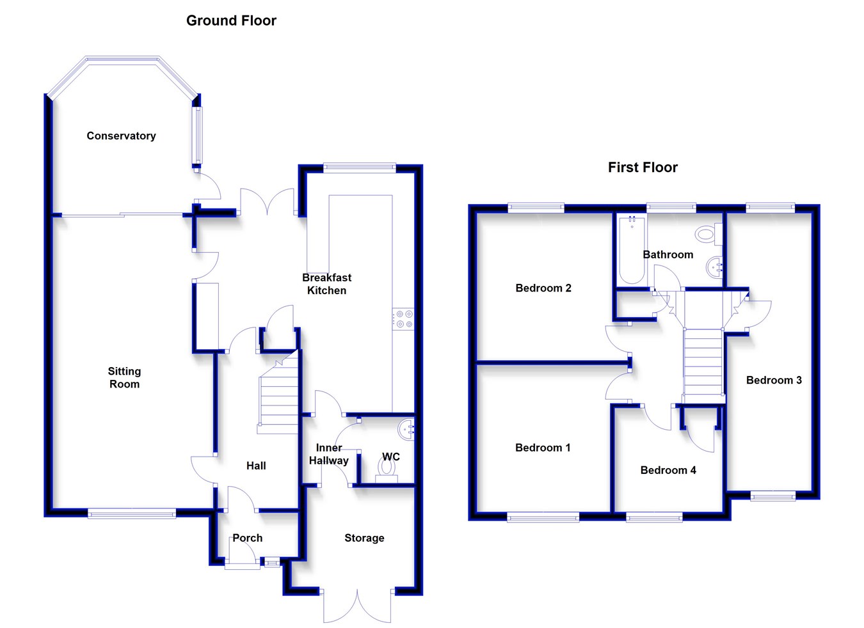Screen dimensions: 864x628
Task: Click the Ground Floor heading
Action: coord(231,21)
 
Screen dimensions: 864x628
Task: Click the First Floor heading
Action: coord(643,168)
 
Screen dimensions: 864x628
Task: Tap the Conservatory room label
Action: coord(121,136)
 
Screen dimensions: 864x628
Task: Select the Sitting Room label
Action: coord(124,377)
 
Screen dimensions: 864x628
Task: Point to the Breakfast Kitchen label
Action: coord(326,284)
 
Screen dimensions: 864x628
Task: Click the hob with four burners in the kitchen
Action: coord(403,319)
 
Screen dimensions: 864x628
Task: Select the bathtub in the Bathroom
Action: coord(632,250)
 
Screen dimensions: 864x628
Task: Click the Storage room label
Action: coord(364,538)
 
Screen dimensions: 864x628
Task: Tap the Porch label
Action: coord(247,538)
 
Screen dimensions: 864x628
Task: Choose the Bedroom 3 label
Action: coord(774,380)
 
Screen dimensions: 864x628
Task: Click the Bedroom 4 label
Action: coord(668,470)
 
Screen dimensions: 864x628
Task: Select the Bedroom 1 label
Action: coord(542,448)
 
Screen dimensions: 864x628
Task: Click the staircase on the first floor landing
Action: coord(703,361)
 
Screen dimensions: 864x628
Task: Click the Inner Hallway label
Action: coord(328,454)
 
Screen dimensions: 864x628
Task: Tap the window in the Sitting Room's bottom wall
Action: coord(132,513)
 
